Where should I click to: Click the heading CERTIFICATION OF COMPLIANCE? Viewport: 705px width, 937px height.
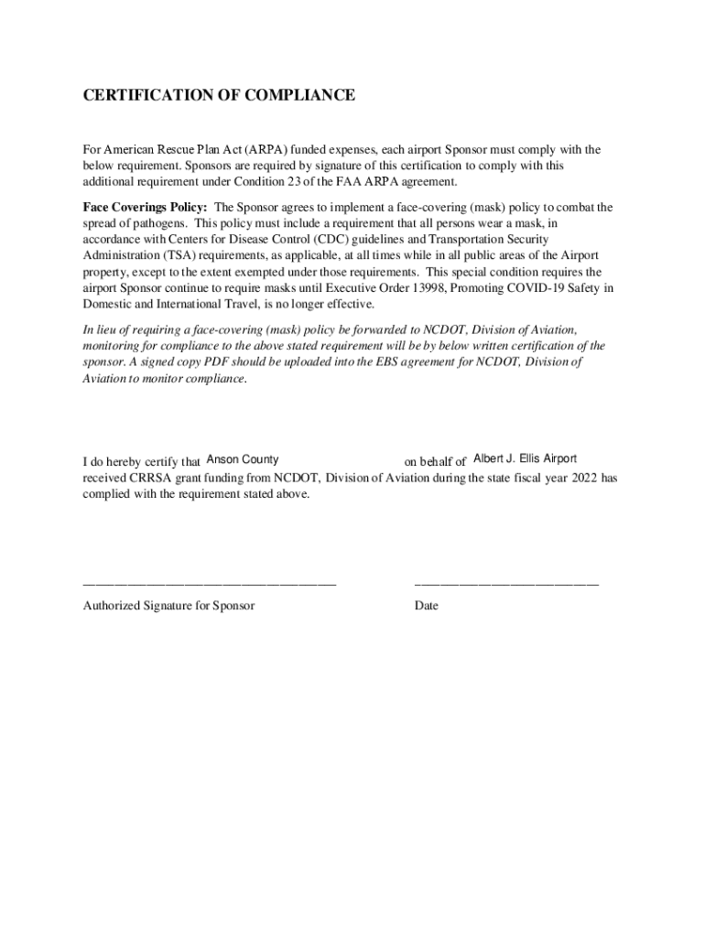pyautogui.click(x=219, y=95)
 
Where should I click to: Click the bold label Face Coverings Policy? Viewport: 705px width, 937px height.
pyautogui.click(x=145, y=208)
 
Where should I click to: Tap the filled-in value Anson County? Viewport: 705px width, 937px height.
pyautogui.click(x=243, y=459)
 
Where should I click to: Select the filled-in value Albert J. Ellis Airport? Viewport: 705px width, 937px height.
pyautogui.click(x=525, y=459)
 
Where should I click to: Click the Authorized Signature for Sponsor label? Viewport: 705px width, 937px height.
pyautogui.click(x=168, y=606)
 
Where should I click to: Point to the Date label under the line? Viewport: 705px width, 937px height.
pyautogui.click(x=427, y=606)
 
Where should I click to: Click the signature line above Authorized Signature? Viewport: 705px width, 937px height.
pyautogui.click(x=210, y=583)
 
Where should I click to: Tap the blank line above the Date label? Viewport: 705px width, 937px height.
pyautogui.click(x=506, y=583)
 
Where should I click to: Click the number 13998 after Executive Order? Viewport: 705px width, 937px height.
pyautogui.click(x=426, y=289)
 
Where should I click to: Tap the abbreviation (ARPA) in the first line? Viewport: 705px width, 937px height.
pyautogui.click(x=243, y=150)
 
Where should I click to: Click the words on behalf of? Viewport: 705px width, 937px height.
pyautogui.click(x=436, y=461)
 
